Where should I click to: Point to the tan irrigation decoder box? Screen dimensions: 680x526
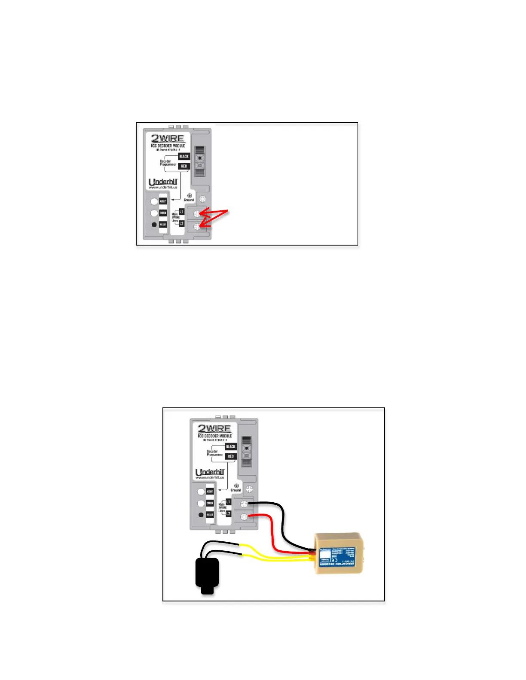339,554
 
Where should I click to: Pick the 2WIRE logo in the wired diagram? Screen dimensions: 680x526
214,428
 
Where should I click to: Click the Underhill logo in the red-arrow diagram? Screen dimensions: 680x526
163,182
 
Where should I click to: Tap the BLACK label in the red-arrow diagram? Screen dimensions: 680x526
184,157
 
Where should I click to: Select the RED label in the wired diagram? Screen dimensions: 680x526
231,456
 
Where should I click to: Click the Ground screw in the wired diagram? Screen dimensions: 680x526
249,489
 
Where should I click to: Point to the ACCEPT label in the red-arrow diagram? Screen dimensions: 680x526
163,201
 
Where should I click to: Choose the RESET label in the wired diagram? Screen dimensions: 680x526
210,515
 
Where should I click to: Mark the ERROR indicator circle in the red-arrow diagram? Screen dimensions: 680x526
154,213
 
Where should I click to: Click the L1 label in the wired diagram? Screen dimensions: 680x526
228,502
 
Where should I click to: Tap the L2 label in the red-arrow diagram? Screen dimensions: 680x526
181,224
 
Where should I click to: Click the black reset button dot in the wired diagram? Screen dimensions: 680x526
201,515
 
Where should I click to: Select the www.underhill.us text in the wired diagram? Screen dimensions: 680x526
210,477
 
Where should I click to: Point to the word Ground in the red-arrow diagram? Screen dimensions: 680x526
189,200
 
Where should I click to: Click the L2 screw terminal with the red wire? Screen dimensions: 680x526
244,516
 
